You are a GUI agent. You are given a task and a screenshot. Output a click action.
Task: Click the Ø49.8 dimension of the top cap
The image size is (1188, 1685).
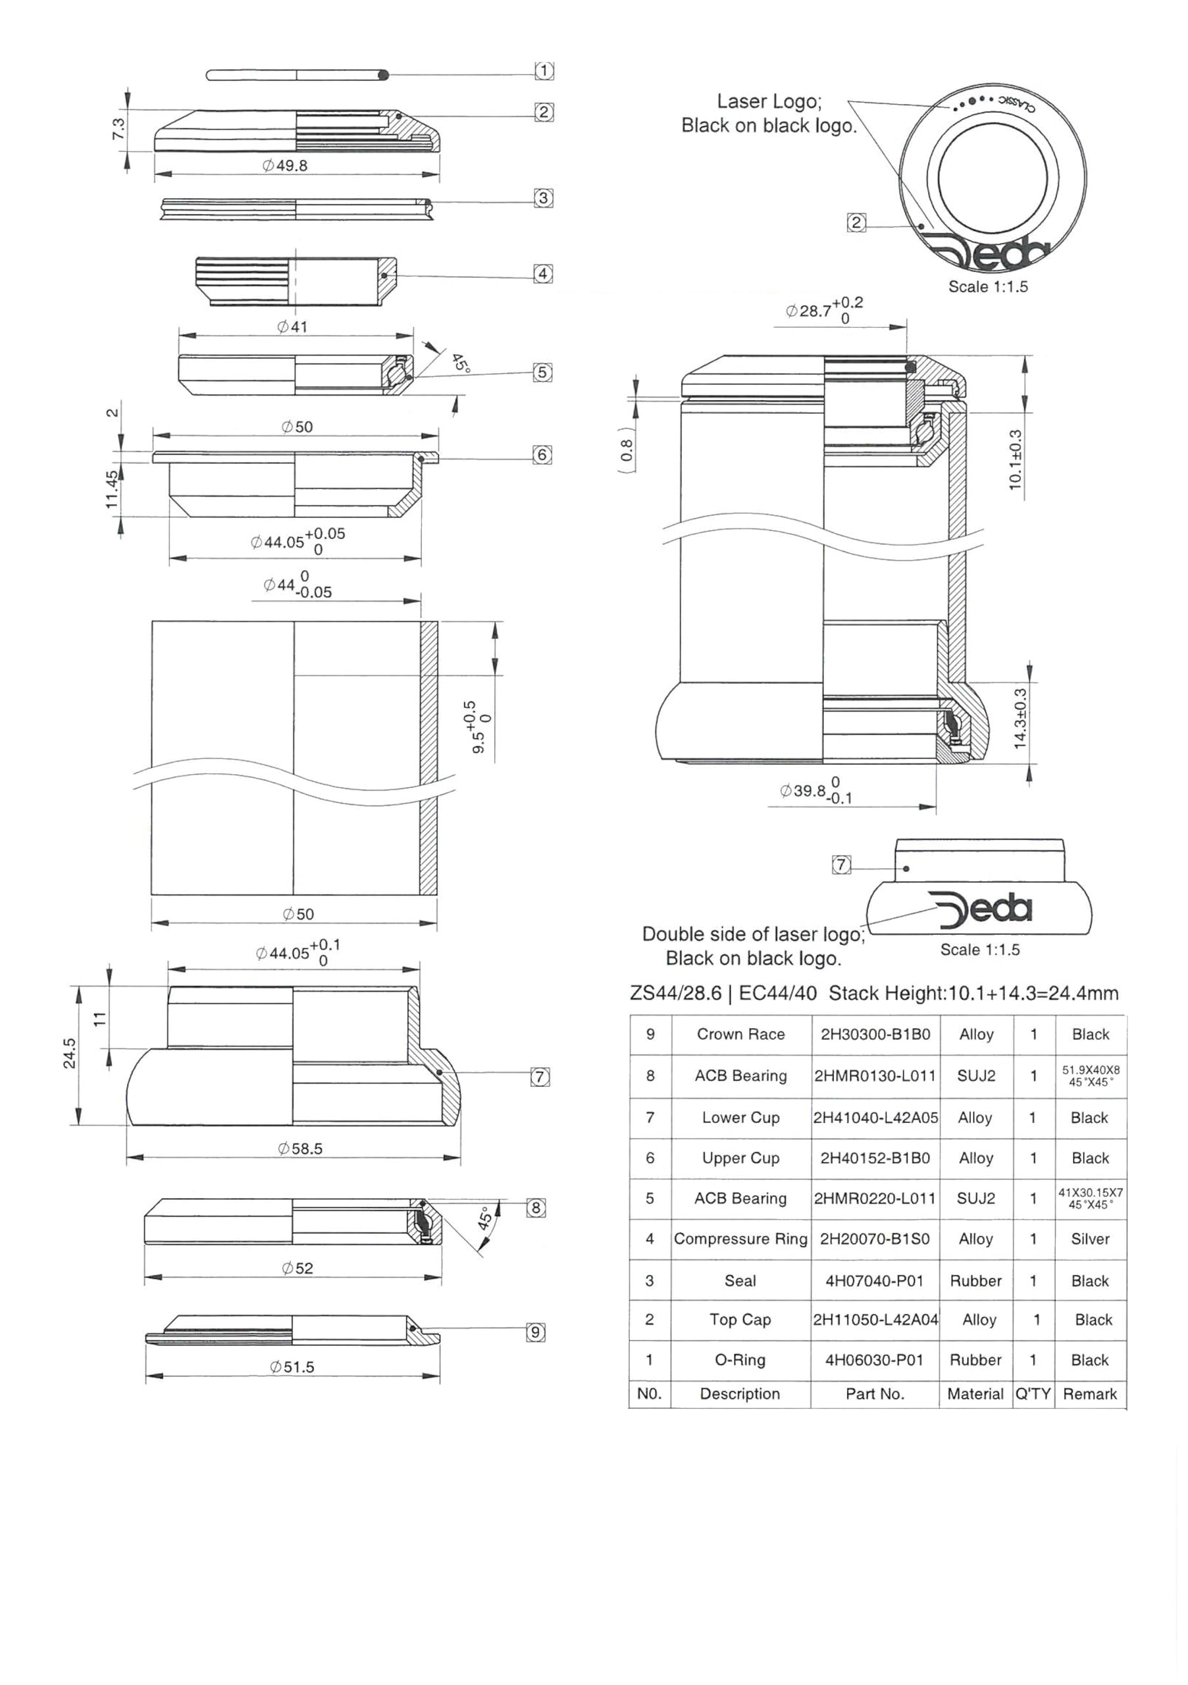(x=286, y=166)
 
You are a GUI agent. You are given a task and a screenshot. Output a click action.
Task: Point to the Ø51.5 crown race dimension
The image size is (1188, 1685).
(x=292, y=1366)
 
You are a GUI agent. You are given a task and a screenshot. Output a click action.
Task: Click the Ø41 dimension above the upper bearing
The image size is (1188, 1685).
(x=292, y=326)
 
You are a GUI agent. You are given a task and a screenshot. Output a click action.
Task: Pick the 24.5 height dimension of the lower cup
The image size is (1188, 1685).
(x=70, y=1053)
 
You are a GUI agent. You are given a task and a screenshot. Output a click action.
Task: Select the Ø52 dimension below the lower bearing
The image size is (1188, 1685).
(x=297, y=1268)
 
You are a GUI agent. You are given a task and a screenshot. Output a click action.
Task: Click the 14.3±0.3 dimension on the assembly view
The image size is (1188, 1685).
(x=1020, y=719)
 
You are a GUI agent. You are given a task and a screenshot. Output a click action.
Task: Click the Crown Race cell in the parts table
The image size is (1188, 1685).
(x=740, y=1034)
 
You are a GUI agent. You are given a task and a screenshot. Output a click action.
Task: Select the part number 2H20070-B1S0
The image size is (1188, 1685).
(x=874, y=1239)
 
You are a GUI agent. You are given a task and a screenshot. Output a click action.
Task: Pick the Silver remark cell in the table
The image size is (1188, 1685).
(x=1090, y=1239)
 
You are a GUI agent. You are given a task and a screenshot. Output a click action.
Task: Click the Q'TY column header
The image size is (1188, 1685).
(x=1033, y=1393)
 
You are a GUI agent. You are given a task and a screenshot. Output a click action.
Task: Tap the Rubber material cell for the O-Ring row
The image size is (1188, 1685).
(x=975, y=1360)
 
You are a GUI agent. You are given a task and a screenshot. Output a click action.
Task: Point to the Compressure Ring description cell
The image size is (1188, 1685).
(x=740, y=1239)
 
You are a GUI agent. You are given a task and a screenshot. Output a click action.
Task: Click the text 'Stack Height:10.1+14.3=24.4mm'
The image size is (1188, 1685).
(x=973, y=993)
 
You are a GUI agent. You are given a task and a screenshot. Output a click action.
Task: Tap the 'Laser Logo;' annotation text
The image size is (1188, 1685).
(x=769, y=101)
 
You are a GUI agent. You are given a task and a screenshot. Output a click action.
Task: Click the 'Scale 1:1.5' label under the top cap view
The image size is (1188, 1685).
(x=988, y=286)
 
